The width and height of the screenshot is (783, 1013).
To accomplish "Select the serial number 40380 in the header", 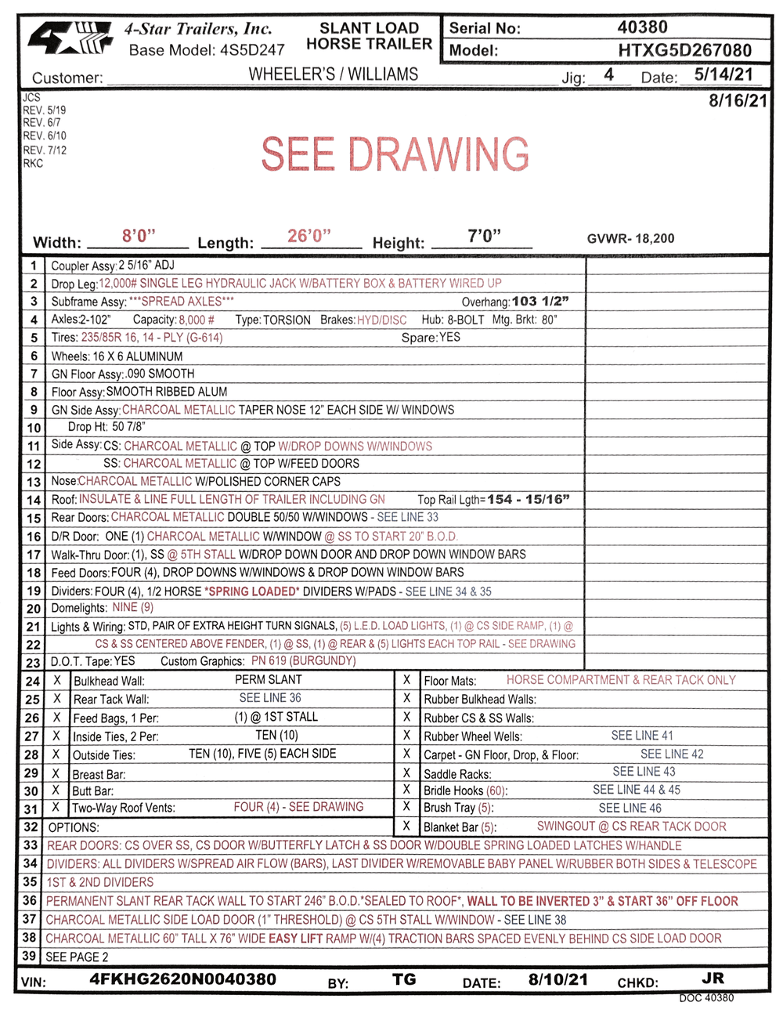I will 642,27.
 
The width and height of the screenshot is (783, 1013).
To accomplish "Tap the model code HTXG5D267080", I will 684,51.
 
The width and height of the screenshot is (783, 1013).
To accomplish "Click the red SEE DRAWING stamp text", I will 395,154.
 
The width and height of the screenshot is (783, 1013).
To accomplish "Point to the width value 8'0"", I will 139,236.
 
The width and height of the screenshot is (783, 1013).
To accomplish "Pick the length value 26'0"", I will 309,236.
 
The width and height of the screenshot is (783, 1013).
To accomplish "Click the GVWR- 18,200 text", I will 630,239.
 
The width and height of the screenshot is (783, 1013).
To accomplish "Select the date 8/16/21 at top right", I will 738,101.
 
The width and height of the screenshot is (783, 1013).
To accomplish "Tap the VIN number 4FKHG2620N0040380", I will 182,979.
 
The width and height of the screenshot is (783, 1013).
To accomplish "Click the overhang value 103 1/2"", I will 540,302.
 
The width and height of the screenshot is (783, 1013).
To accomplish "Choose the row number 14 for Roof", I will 34,500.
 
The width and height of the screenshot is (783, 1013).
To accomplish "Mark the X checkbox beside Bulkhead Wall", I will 57,681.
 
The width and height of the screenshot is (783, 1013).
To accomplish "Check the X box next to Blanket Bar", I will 406,826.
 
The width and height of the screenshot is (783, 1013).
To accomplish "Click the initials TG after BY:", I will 404,979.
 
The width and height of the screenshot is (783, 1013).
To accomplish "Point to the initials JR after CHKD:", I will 713,979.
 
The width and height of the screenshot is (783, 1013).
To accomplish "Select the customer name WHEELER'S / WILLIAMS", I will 334,75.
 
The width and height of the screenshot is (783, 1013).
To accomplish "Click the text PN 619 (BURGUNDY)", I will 304,661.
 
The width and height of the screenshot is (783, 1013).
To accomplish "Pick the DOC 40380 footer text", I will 706,998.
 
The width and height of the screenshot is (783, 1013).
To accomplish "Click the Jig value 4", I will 608,75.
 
